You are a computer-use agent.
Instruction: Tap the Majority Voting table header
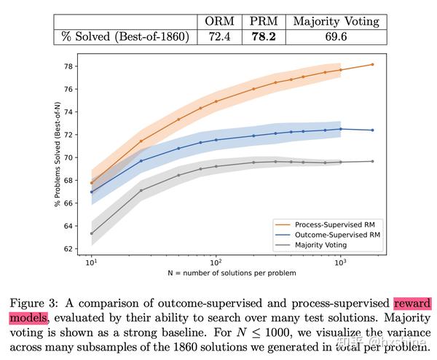[x=336, y=21]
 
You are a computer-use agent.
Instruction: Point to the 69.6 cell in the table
[x=336, y=36]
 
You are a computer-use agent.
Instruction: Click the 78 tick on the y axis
[x=69, y=66]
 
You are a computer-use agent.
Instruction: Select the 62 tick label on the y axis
[x=69, y=249]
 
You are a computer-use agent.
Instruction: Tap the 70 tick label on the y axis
[x=69, y=157]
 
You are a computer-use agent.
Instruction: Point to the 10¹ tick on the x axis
[x=92, y=261]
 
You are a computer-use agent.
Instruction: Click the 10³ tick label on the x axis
[x=340, y=261]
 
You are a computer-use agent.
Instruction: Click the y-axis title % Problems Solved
[x=57, y=157]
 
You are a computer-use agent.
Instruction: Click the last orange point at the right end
[x=372, y=64]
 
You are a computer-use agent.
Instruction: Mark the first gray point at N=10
[x=92, y=234]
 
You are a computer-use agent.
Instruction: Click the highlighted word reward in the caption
[x=412, y=303]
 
